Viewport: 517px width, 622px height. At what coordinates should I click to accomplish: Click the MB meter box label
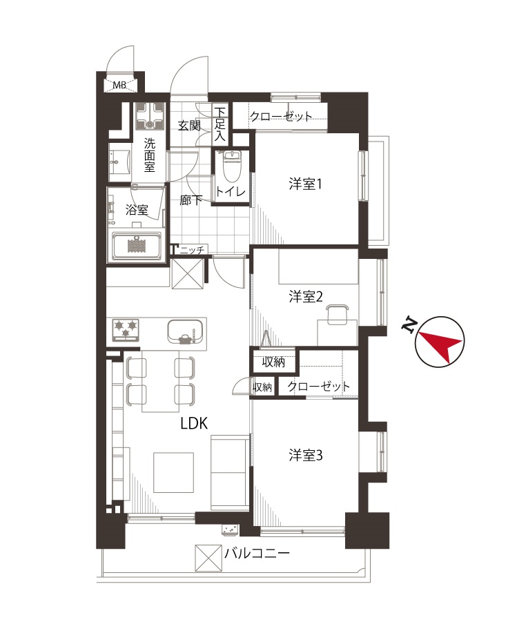pos(119,85)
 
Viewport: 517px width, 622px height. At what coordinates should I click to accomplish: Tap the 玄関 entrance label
pos(189,126)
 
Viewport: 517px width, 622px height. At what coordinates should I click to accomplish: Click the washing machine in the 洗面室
pos(150,116)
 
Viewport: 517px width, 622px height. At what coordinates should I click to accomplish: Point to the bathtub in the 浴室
pos(137,246)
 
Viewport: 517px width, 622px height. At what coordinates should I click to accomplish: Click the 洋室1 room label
pos(305,184)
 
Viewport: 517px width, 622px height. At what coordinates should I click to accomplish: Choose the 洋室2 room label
pos(306,296)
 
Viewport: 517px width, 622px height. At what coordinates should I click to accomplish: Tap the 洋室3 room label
pos(306,455)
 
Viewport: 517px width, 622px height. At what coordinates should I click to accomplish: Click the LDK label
pos(194,424)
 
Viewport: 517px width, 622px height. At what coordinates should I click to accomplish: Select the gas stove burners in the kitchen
pos(126,330)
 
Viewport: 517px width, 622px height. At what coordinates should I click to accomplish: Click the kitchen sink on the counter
pos(185,331)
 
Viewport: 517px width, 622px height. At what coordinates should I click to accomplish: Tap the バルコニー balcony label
pos(257,553)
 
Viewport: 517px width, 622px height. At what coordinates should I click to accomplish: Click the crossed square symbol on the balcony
pos(208,558)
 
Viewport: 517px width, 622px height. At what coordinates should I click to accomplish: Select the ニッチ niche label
pos(192,250)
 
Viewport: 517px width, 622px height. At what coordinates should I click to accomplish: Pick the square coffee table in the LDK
pos(174,472)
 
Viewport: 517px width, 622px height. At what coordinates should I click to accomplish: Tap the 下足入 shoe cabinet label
pos(220,124)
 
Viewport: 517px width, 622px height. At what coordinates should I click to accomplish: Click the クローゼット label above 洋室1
pos(281,116)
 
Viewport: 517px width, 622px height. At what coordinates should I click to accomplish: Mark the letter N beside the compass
pos(409,325)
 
